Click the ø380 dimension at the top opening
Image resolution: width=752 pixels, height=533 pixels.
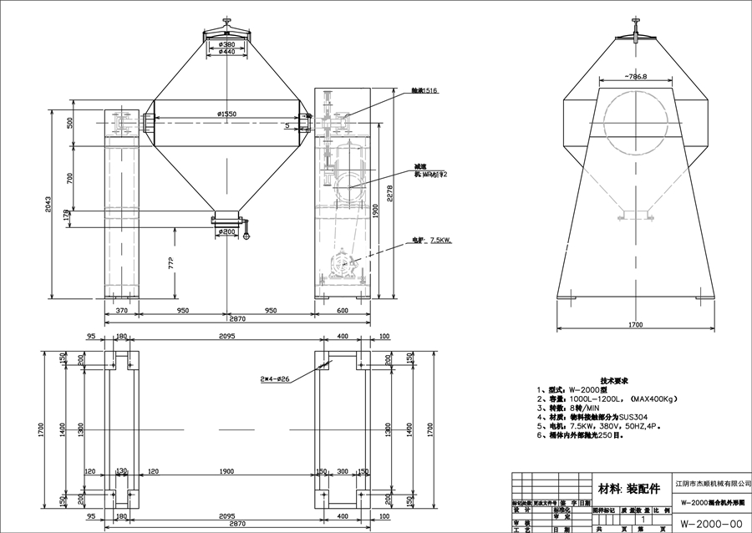tap(226, 44)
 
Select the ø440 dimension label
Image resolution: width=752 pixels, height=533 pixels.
tap(226, 53)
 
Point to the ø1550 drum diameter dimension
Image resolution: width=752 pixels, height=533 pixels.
tap(226, 114)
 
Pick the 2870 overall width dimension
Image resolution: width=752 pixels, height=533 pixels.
tap(239, 318)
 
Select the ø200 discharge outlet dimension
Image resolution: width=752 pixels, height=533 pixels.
tap(226, 231)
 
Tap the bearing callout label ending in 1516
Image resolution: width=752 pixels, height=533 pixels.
tap(424, 90)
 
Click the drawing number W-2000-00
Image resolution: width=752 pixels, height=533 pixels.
tap(711, 524)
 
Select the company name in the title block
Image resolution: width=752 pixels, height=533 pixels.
tap(712, 483)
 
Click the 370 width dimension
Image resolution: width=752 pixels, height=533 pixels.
tap(121, 310)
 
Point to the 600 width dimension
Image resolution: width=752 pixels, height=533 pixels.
tap(343, 310)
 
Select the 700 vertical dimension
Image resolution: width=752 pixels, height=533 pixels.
tap(70, 177)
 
